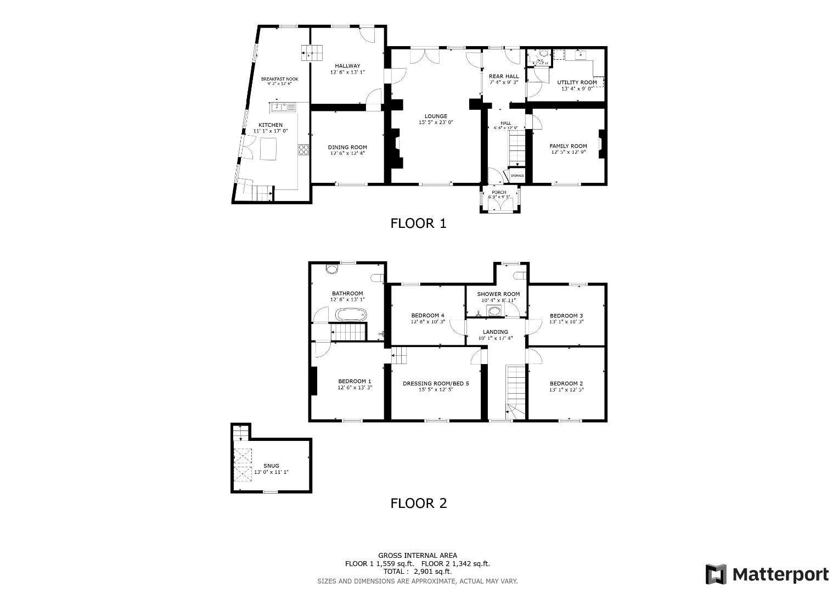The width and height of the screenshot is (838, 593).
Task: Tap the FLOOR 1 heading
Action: (x=418, y=223)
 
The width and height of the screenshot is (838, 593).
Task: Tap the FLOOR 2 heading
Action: (x=418, y=503)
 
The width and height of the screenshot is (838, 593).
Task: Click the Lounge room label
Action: (x=436, y=116)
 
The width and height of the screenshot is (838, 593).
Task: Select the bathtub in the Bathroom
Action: (x=351, y=315)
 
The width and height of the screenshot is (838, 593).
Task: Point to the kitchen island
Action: (x=269, y=148)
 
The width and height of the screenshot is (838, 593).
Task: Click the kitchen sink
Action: (x=283, y=107)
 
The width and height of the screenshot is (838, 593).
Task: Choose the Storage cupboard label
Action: (x=517, y=176)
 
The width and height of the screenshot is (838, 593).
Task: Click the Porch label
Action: (x=499, y=192)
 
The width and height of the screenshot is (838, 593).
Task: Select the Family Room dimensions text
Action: (x=568, y=152)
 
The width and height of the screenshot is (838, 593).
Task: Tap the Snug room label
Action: (x=271, y=466)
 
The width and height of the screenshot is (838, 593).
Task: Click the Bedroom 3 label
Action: (x=566, y=316)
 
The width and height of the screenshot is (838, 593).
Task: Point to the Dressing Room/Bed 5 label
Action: (x=436, y=384)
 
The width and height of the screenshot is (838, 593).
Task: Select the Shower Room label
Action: (x=498, y=294)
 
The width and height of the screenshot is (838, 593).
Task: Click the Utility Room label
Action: (x=577, y=82)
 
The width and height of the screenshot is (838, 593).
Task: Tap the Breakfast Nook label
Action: (x=279, y=79)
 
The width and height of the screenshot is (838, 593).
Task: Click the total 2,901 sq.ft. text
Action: (x=418, y=572)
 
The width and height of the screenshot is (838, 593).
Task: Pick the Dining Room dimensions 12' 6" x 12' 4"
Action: (x=347, y=153)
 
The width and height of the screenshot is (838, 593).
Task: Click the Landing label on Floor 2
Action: (x=495, y=332)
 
